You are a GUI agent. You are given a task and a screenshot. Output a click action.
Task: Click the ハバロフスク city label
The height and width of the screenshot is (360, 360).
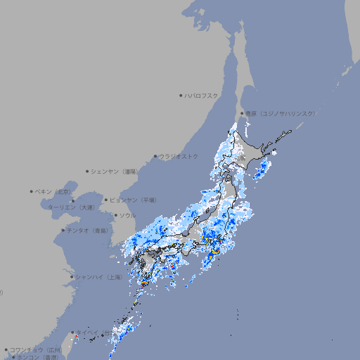point(202,95)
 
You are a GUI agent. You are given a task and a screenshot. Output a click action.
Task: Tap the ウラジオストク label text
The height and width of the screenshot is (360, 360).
point(179,156)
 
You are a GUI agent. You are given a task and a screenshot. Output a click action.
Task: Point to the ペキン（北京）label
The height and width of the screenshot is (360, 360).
point(54,191)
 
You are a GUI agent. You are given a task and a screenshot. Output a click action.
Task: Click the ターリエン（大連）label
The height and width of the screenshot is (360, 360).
point(71,207)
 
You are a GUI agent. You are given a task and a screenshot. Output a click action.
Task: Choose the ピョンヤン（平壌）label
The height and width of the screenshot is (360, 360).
point(133,200)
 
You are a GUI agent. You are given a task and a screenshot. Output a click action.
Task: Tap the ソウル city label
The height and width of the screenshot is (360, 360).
point(127,215)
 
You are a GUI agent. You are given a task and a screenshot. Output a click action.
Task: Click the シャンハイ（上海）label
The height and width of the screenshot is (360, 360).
point(98,277)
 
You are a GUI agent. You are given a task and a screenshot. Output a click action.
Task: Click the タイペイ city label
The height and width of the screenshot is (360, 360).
point(88,332)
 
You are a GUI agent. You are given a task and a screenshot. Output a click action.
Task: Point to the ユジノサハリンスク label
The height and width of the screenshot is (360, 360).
point(280,113)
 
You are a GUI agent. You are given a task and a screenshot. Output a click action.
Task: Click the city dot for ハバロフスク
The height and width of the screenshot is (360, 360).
point(181,95)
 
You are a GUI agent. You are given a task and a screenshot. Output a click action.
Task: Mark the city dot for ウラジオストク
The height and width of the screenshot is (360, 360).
point(155,156)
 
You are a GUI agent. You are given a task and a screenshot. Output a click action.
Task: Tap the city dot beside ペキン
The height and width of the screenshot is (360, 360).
point(32,191)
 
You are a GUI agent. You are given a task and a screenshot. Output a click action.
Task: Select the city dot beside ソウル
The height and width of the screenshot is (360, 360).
point(115,215)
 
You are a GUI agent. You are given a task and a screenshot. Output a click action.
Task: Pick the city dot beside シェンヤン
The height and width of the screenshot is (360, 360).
point(88,171)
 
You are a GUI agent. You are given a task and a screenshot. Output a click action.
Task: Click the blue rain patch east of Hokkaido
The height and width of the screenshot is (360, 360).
point(262,167)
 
